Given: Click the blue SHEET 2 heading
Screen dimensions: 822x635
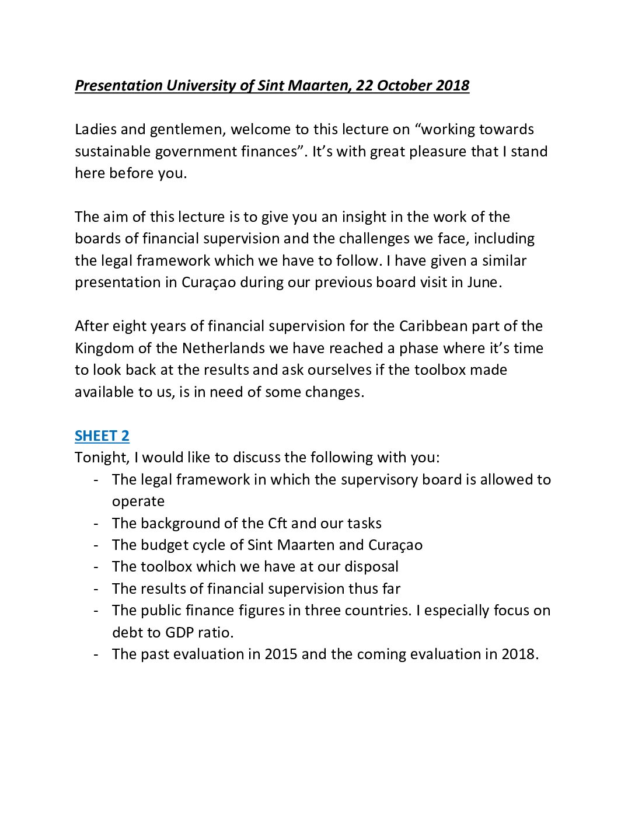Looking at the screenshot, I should (102, 436).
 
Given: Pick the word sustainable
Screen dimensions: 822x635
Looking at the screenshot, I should (112, 152).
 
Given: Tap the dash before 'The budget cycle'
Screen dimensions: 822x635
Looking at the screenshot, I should (96, 545).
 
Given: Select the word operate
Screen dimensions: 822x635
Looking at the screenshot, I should (138, 502).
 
